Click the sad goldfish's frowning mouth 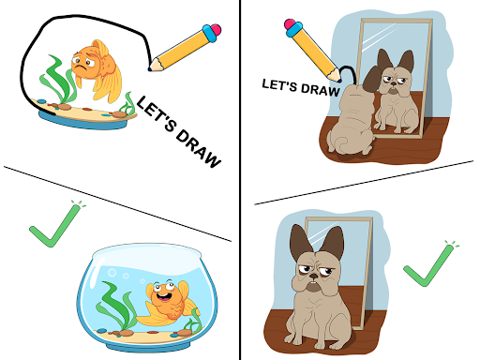click(81, 67)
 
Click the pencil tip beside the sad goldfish click(150, 68)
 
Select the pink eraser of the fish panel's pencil click(216, 30)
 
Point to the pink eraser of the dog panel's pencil click(290, 24)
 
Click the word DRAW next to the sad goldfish click(198, 147)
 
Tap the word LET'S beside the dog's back click(279, 84)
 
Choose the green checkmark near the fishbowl click(57, 224)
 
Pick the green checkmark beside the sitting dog click(431, 264)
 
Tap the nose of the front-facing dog click(313, 277)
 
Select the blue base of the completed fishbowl click(147, 346)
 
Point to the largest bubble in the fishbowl click(112, 273)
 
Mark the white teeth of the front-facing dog click(313, 284)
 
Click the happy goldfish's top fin click(185, 292)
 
